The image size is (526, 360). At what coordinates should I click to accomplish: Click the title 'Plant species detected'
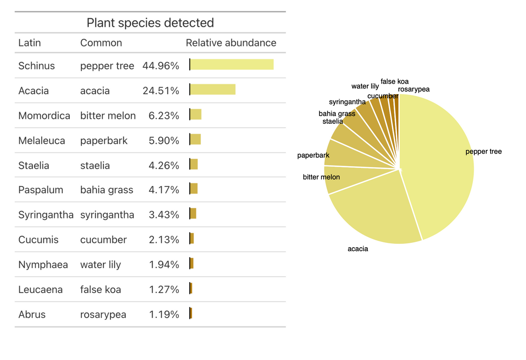coord(150,22)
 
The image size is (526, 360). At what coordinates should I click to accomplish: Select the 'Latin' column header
coord(30,43)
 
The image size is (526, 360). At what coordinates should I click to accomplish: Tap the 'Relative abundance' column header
coord(231,43)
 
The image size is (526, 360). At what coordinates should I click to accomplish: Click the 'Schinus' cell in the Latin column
coord(36,66)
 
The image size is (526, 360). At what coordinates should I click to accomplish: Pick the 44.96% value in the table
coord(161,66)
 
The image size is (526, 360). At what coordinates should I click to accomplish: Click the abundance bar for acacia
coord(213,89)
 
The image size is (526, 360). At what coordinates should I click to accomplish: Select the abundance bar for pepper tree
coord(232,65)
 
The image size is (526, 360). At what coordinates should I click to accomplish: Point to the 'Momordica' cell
coord(44,116)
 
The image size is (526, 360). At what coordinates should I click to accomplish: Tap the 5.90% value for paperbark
coord(164,141)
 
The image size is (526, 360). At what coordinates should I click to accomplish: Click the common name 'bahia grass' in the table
coord(107,190)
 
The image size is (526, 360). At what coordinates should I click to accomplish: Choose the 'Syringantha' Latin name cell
coord(46,215)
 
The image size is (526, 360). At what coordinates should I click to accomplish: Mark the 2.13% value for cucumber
coord(164,240)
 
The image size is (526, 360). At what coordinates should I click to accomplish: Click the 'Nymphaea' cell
coord(43,264)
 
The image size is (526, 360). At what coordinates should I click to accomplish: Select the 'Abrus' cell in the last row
coord(32,315)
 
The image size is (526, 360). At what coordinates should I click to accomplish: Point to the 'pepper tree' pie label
coord(483,152)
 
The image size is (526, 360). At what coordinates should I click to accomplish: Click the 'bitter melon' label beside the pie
coord(321,177)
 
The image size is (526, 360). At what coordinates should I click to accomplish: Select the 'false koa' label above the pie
coord(394,81)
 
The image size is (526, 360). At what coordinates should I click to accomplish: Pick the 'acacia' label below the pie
coord(358,249)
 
